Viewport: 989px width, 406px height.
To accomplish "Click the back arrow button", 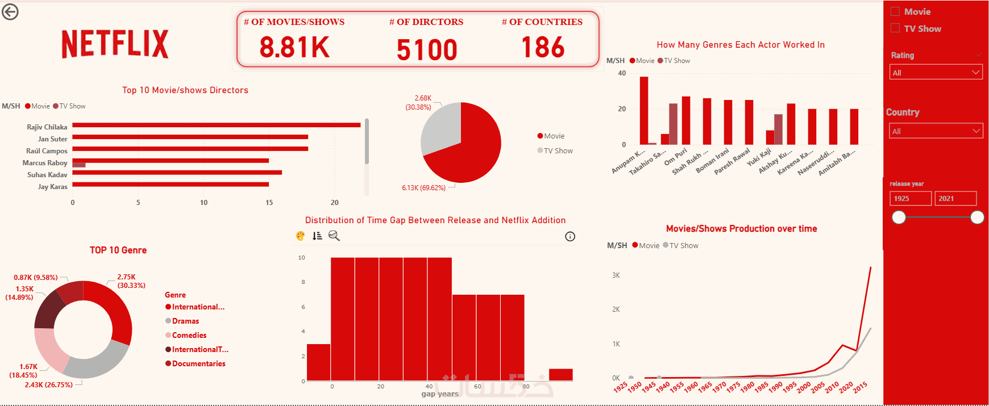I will [10, 11].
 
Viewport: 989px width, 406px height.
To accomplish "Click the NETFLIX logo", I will [115, 44].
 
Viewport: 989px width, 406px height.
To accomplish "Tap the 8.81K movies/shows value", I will [294, 48].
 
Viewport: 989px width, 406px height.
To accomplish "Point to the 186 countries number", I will [543, 48].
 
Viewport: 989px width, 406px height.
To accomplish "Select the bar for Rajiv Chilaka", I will [216, 125].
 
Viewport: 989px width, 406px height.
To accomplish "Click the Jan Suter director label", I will [52, 139].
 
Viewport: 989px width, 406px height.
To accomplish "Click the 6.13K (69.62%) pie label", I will [423, 188].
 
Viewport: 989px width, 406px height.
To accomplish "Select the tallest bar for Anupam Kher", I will [643, 111].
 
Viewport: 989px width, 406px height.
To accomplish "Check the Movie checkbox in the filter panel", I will [895, 11].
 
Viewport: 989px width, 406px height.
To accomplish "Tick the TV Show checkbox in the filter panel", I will [895, 28].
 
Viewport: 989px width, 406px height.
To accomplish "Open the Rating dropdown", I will [936, 72].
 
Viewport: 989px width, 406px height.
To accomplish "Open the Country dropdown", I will [936, 131].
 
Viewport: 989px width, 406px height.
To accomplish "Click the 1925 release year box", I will [910, 198].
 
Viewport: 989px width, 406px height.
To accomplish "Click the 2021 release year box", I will [955, 198].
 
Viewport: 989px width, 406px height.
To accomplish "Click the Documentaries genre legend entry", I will [198, 363].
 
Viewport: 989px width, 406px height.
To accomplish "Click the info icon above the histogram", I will [570, 237].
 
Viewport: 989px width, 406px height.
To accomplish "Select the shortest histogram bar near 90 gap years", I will [560, 375].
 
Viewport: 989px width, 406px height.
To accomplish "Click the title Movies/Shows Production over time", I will [741, 229].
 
